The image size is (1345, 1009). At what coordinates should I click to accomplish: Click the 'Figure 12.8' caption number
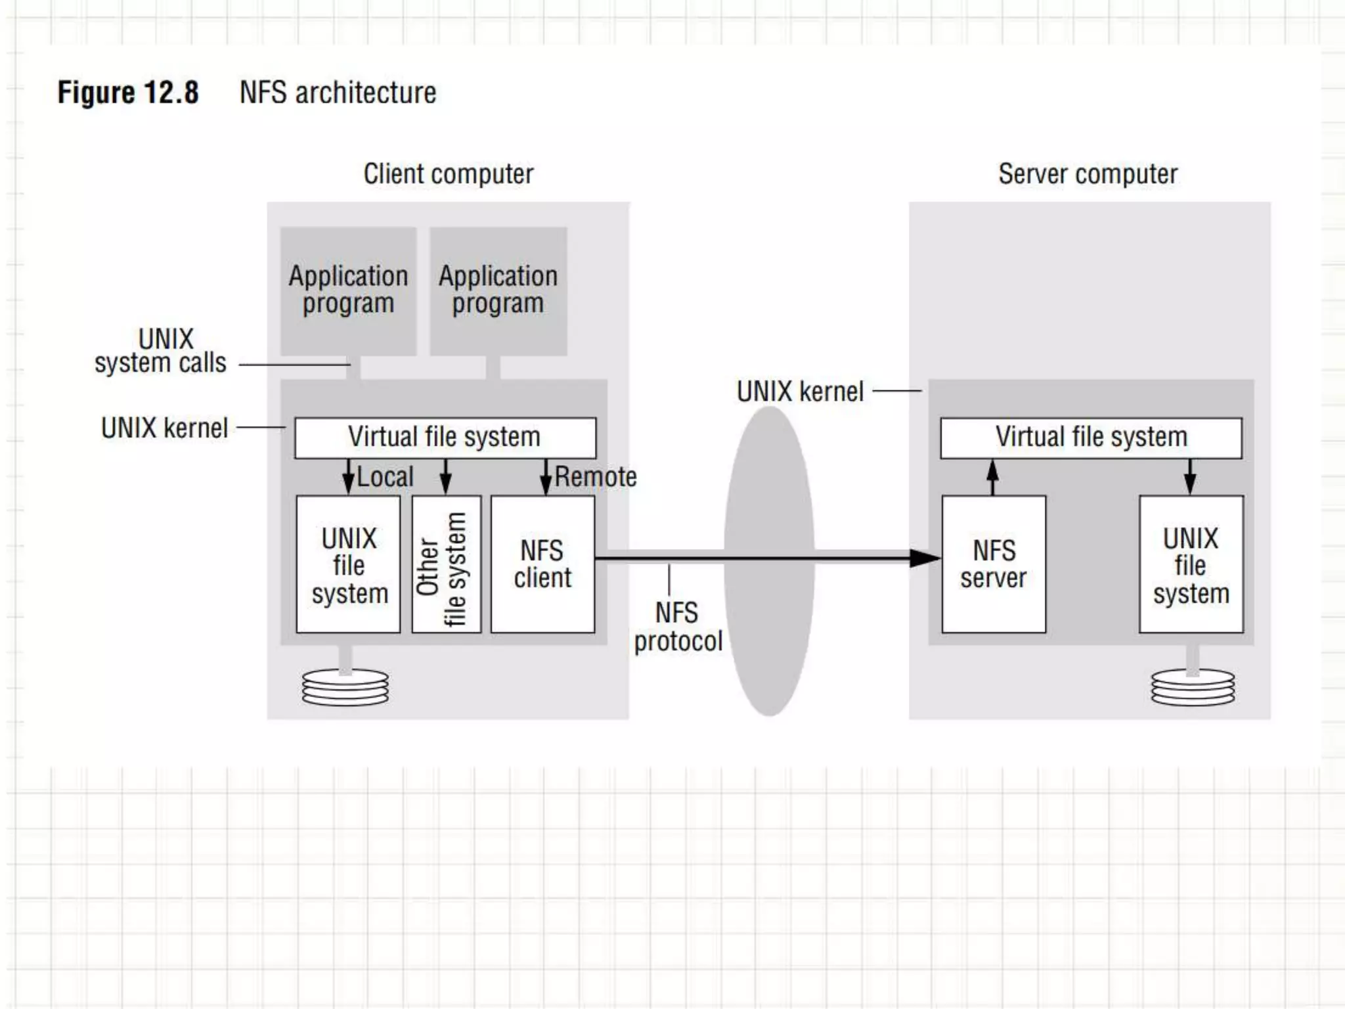click(x=128, y=93)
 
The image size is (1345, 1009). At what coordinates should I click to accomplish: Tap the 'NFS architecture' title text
click(x=338, y=93)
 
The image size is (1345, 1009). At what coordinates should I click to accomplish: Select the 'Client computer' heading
click(x=448, y=174)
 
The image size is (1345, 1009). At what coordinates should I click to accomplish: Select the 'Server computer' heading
click(x=1088, y=174)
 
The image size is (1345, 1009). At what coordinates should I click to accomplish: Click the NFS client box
click(x=542, y=564)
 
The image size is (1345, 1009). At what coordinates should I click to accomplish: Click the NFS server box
click(x=993, y=564)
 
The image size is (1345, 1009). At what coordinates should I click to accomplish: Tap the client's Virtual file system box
click(x=445, y=437)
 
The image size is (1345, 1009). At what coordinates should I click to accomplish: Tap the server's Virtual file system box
click(x=1091, y=437)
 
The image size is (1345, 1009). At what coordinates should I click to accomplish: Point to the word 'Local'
click(x=385, y=477)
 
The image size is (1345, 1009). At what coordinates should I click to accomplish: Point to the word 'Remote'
click(x=596, y=477)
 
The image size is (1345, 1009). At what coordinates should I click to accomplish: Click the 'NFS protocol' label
click(x=677, y=627)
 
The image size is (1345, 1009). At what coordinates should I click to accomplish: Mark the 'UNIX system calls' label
click(x=162, y=351)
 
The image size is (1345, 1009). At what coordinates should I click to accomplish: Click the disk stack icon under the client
click(x=345, y=688)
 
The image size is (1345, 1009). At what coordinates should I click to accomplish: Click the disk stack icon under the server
click(x=1193, y=688)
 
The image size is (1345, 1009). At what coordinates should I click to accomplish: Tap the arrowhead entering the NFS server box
click(x=926, y=558)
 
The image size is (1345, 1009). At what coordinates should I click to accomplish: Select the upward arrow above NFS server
click(x=993, y=476)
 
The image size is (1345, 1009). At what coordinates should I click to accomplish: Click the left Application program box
click(x=348, y=291)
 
